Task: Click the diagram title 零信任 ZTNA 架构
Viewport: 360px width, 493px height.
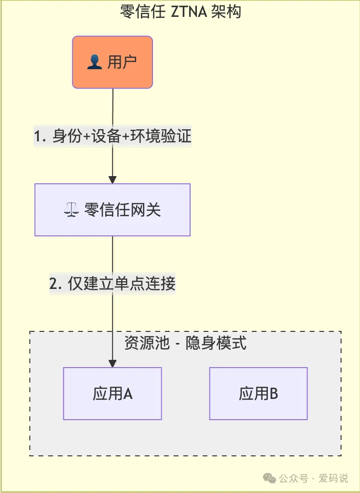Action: [x=180, y=11]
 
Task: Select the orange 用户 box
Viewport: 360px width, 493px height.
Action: [x=112, y=62]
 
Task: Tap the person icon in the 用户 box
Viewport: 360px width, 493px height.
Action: [x=95, y=63]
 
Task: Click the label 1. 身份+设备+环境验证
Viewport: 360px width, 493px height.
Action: [x=112, y=137]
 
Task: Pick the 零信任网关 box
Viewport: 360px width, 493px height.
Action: [x=112, y=210]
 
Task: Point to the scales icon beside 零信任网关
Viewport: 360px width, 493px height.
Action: [x=71, y=210]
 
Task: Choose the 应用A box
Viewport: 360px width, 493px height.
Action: [x=112, y=394]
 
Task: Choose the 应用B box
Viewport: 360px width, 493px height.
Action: [x=258, y=394]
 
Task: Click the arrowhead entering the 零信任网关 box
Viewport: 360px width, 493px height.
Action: [x=112, y=179]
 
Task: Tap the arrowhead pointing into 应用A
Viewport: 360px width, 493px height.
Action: [x=112, y=364]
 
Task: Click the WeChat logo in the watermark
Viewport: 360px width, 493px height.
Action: [x=270, y=478]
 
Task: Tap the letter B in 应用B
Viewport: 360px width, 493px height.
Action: [x=274, y=394]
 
